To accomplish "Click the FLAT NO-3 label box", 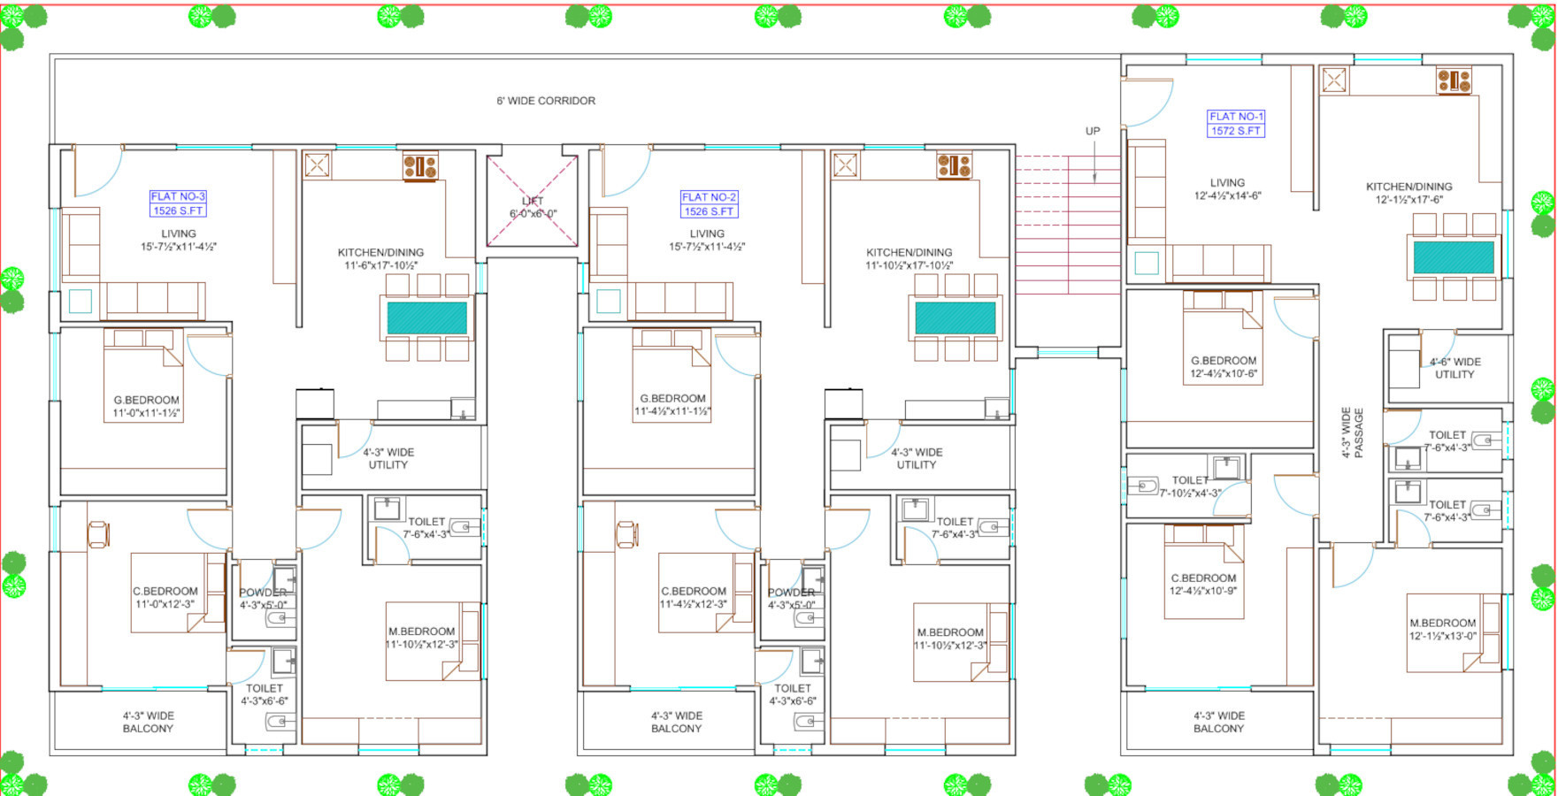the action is pos(178,203).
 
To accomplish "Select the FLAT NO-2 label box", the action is pos(709,204).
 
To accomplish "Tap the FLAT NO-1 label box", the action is pos(1236,124).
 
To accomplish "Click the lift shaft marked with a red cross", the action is pos(533,202).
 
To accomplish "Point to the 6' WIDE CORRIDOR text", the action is pos(546,101).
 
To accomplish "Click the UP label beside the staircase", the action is pos(1093,131).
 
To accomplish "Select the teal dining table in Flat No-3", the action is pos(426,318).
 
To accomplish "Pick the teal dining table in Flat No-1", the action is pos(1454,257).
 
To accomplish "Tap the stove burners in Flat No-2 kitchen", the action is pos(954,165).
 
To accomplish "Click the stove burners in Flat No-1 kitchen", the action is pos(1454,81).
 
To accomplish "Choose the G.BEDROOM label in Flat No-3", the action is pos(146,400).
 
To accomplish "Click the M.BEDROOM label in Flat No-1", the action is pos(1442,623).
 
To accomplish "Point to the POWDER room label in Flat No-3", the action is pos(263,593).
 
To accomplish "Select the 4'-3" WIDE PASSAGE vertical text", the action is pos(1352,432).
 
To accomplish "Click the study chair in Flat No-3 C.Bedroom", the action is pos(98,533).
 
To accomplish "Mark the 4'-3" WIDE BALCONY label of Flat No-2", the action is pos(676,722).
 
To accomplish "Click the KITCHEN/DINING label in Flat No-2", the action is pos(909,252).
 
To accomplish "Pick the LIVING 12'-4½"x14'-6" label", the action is pos(1227,189).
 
